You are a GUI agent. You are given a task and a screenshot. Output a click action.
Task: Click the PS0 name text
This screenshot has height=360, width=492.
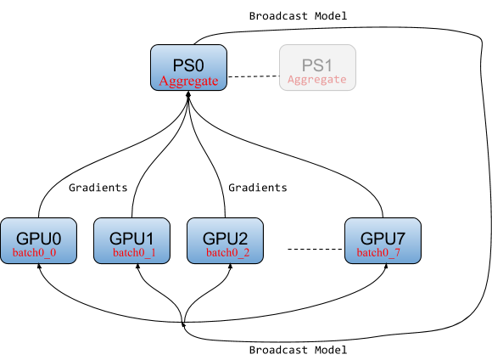tap(188, 65)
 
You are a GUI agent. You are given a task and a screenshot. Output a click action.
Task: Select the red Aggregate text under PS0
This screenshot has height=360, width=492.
tap(189, 81)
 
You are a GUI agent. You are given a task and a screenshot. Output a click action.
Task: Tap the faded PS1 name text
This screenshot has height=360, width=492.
tap(317, 65)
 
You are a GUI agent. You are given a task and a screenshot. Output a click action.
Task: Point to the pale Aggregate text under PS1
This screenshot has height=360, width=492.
tap(317, 80)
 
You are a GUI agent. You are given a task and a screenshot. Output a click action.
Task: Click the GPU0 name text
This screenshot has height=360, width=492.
tap(38, 238)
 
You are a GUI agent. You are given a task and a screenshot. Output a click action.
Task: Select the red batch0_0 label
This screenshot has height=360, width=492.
tap(35, 253)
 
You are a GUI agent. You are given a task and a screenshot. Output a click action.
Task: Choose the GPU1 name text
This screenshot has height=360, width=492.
tap(131, 238)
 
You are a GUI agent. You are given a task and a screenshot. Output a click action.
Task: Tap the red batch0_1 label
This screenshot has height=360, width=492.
tap(134, 253)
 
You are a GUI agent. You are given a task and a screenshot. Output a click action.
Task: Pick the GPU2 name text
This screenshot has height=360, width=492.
tap(225, 238)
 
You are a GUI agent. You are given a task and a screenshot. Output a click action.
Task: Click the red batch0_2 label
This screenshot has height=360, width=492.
tap(227, 253)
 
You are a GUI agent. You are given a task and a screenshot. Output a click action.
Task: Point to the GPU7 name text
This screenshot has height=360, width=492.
tap(383, 238)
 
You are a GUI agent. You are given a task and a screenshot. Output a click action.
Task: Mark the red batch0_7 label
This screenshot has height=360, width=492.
tap(378, 253)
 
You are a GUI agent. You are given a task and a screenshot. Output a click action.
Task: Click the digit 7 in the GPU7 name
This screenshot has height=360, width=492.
tap(400, 238)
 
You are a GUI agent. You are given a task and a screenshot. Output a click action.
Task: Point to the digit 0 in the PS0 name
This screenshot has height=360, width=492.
tap(202, 65)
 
